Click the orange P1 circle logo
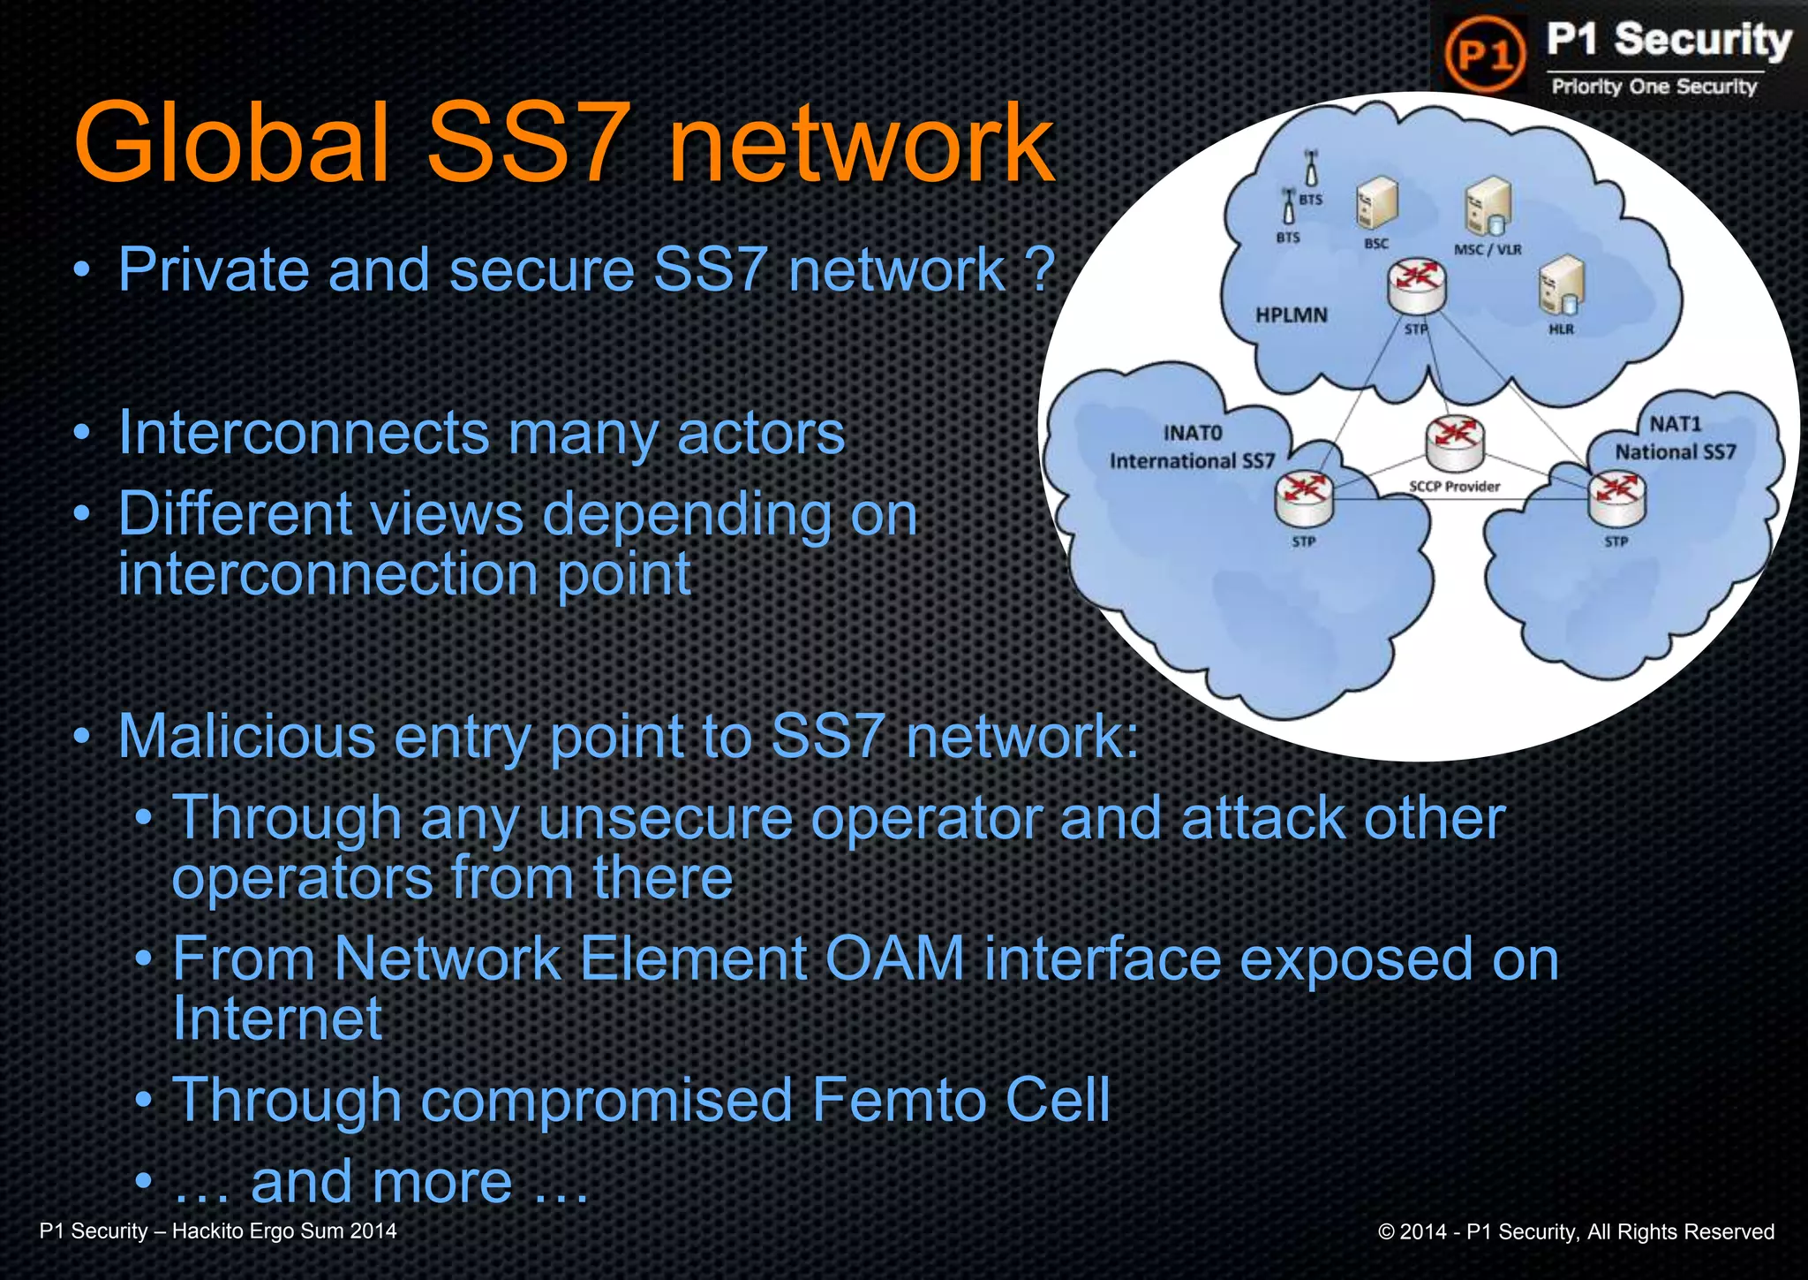(1485, 54)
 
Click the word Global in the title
(231, 143)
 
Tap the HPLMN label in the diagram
(1291, 315)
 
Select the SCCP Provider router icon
(1454, 443)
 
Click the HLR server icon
(1561, 285)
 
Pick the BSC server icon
(1376, 203)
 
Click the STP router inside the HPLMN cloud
(1416, 286)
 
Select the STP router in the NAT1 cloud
(1616, 497)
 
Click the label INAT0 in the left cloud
(1192, 433)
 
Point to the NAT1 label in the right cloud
(1675, 424)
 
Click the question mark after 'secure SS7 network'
(1042, 269)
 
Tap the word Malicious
(246, 737)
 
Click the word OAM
(893, 959)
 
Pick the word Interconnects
(304, 433)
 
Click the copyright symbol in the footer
(1386, 1232)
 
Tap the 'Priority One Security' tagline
(1654, 87)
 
